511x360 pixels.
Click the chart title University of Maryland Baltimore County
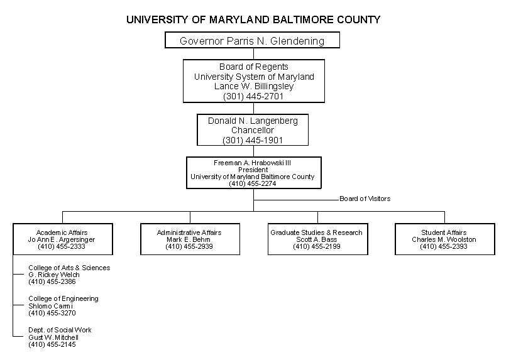253,19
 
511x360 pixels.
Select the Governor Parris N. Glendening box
252,41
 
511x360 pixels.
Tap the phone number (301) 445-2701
253,96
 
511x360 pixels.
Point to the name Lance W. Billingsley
254,87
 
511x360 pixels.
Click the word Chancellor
253,130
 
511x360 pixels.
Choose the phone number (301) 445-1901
253,140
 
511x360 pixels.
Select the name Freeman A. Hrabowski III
253,163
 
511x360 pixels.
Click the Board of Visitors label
365,199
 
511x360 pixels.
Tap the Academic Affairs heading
62,232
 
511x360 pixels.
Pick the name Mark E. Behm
189,239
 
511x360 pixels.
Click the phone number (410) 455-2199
316,247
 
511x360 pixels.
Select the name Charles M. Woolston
444,239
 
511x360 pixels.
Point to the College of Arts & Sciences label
69,268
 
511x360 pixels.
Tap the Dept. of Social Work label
60,330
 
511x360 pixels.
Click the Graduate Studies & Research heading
316,232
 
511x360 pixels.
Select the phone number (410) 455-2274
253,183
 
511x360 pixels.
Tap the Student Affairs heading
444,232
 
